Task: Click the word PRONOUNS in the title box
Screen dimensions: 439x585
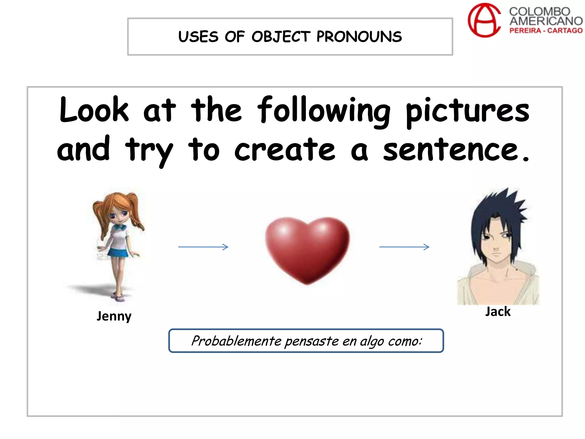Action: [x=359, y=37]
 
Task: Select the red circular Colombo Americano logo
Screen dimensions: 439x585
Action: [x=484, y=20]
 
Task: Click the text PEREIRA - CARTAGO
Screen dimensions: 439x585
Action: [x=546, y=31]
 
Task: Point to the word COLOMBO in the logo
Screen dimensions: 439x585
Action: [x=540, y=12]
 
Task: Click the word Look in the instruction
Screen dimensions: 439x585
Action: [x=94, y=110]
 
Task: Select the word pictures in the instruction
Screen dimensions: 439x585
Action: [x=467, y=111]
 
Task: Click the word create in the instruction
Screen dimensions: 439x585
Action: [x=285, y=150]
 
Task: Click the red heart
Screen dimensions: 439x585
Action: [x=307, y=249]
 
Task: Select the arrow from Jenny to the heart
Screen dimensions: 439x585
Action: [x=203, y=247]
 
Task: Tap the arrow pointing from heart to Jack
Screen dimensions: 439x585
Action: [x=404, y=247]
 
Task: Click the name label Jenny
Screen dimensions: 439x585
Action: [x=114, y=316]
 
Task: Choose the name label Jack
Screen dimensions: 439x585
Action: [x=498, y=312]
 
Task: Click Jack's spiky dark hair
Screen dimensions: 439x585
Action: [x=497, y=211]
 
